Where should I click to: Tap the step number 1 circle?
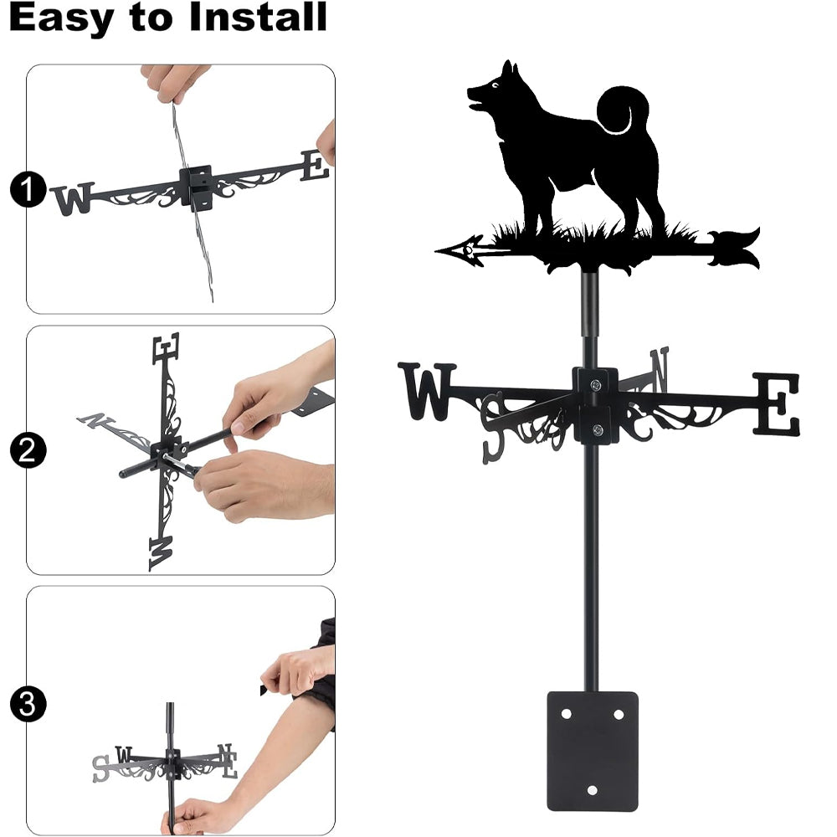click(28, 189)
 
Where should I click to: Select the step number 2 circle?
click(28, 450)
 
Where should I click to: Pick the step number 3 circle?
click(28, 704)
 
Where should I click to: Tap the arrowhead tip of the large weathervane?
click(437, 249)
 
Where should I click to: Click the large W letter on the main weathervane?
click(427, 391)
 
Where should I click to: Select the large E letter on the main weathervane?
click(777, 403)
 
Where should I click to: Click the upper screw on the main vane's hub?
click(595, 384)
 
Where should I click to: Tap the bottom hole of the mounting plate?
click(592, 790)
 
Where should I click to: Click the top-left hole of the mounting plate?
click(567, 714)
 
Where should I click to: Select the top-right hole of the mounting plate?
click(619, 714)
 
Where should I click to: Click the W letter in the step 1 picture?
click(74, 198)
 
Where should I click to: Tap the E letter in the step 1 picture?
click(315, 166)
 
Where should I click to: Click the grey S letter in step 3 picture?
click(100, 768)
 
